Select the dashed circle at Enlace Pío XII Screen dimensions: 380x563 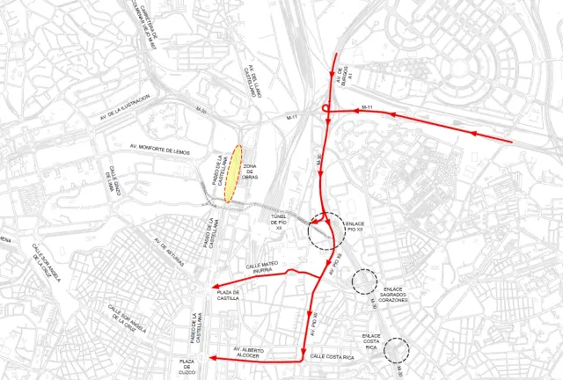[326, 230]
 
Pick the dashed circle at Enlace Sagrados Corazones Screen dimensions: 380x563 [364, 281]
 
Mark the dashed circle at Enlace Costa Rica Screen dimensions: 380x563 [398, 349]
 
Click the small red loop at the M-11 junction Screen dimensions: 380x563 [326, 109]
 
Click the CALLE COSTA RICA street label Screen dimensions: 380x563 [333, 357]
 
